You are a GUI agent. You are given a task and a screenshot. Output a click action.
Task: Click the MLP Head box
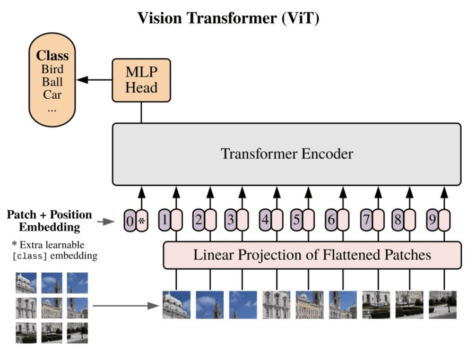click(141, 80)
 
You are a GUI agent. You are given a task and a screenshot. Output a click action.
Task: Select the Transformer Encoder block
click(287, 154)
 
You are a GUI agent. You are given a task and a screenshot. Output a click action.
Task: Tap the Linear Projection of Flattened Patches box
click(311, 255)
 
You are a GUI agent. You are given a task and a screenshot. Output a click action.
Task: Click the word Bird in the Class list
click(52, 70)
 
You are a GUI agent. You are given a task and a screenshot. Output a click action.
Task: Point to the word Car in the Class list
click(52, 95)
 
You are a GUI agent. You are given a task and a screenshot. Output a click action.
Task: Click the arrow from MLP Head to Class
click(94, 80)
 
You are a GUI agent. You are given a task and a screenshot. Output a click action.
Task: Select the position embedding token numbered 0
click(129, 220)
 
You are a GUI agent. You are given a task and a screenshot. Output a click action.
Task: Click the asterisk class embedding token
click(142, 220)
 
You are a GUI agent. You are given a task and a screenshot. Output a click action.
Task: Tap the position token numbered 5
click(297, 220)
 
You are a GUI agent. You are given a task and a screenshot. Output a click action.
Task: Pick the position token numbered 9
click(432, 220)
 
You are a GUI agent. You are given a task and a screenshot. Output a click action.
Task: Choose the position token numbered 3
click(230, 220)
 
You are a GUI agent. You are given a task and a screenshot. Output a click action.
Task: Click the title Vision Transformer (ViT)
click(228, 18)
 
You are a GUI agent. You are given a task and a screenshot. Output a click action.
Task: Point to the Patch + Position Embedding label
click(49, 221)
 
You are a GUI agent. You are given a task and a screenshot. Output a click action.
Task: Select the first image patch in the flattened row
click(176, 304)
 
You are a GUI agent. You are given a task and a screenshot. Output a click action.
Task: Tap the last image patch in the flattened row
click(443, 304)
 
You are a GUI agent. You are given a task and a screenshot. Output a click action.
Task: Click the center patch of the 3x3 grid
click(51, 307)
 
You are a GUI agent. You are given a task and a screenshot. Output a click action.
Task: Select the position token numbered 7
click(366, 220)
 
